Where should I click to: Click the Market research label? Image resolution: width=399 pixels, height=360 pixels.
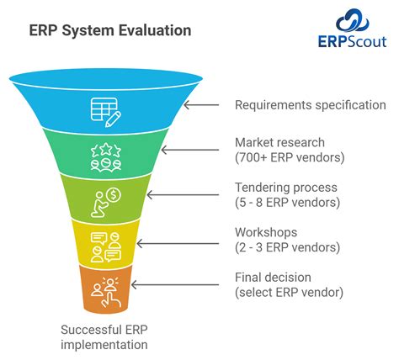279,143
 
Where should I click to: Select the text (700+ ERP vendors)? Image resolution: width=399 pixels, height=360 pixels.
288,157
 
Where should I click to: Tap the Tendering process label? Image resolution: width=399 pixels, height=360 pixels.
285,188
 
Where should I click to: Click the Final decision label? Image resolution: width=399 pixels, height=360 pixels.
273,277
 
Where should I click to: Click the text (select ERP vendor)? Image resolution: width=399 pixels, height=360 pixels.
288,291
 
